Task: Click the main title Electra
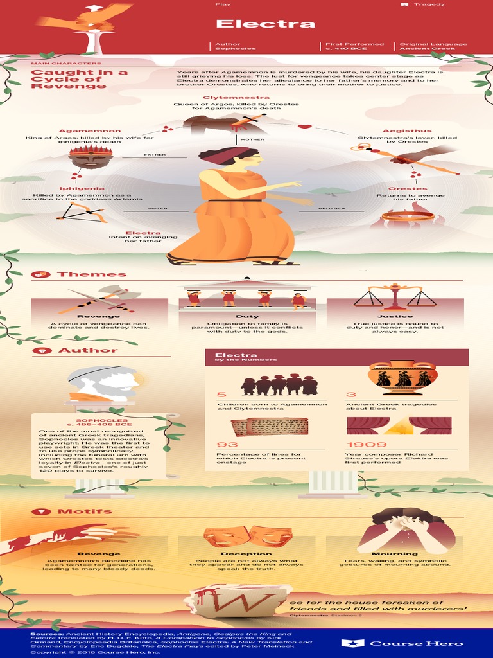[265, 24]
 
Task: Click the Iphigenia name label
[82, 189]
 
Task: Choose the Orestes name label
[408, 189]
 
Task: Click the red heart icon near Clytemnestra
[304, 127]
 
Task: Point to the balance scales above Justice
[395, 297]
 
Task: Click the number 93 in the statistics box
[227, 445]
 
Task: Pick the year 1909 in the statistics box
[366, 445]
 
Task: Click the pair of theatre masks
[248, 535]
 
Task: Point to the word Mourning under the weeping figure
[395, 553]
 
